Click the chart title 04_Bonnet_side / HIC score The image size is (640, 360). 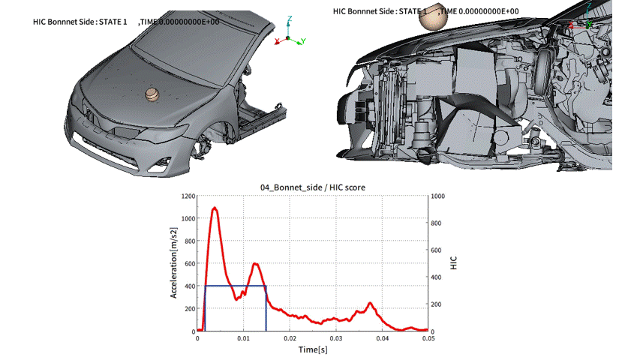point(313,187)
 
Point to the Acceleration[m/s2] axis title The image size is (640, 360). point(173,262)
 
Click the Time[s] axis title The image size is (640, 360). point(313,349)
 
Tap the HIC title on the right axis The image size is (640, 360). point(453,262)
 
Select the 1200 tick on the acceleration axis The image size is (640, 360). point(188,196)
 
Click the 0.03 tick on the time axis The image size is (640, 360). point(336,338)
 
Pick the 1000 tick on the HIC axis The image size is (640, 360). point(438,196)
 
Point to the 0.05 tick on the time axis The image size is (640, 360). point(428,338)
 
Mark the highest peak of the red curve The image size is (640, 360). point(215,208)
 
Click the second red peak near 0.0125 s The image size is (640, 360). point(256,264)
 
